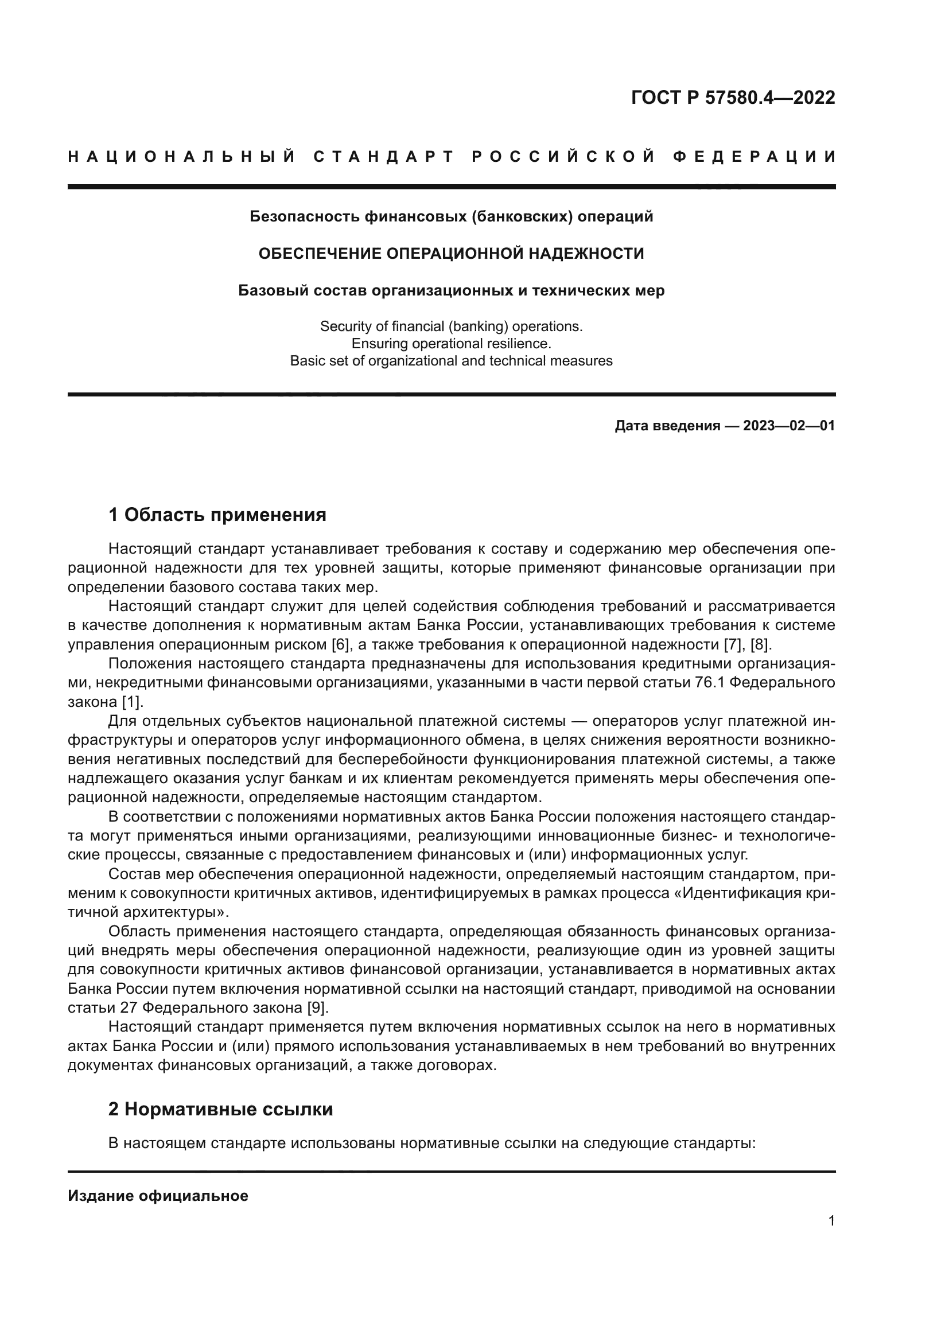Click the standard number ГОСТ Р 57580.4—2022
pyautogui.click(x=733, y=98)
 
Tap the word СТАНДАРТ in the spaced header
pyautogui.click(x=384, y=157)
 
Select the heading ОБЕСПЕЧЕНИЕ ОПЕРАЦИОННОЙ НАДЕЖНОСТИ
pyautogui.click(x=451, y=253)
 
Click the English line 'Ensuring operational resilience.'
pyautogui.click(x=451, y=343)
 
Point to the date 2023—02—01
pyautogui.click(x=789, y=426)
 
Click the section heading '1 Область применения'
pyautogui.click(x=217, y=514)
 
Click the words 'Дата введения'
pyautogui.click(x=667, y=426)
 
